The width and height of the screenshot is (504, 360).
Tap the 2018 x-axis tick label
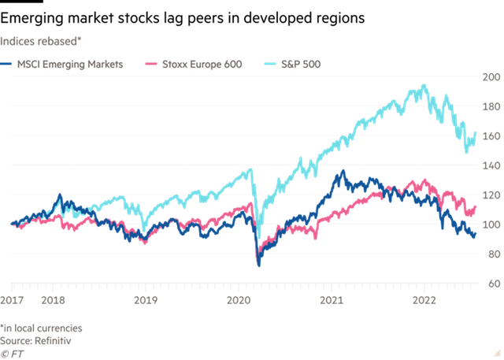click(x=53, y=300)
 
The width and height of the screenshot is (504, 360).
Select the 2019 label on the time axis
click(x=146, y=300)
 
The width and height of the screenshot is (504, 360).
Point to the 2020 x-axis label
click(x=239, y=300)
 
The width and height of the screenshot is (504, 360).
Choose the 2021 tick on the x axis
click(x=332, y=300)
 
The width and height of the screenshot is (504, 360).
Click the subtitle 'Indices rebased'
click(x=35, y=38)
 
